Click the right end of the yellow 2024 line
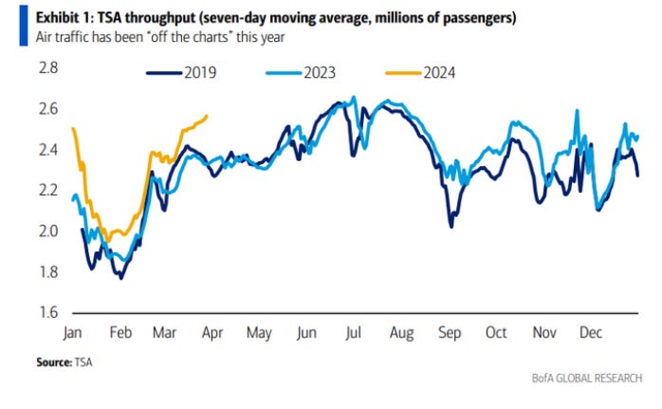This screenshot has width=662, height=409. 208,116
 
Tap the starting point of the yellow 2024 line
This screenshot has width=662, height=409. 73,128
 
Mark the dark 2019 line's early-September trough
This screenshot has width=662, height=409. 451,226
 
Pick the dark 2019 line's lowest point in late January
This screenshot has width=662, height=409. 121,277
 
